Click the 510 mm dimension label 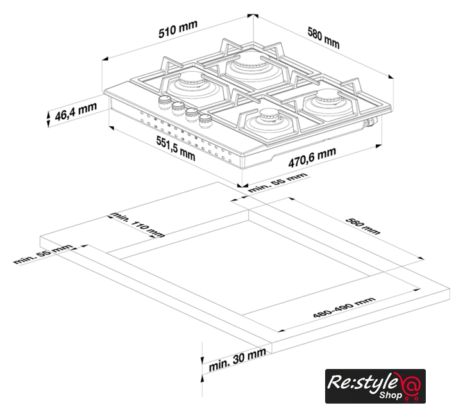(178, 29)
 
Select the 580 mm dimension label (324, 38)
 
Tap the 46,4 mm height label (76, 111)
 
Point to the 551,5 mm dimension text (176, 149)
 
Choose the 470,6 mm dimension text (312, 157)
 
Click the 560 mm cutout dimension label (363, 226)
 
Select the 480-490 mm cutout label (344, 307)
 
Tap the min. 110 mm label (137, 224)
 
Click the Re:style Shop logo (375, 386)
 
